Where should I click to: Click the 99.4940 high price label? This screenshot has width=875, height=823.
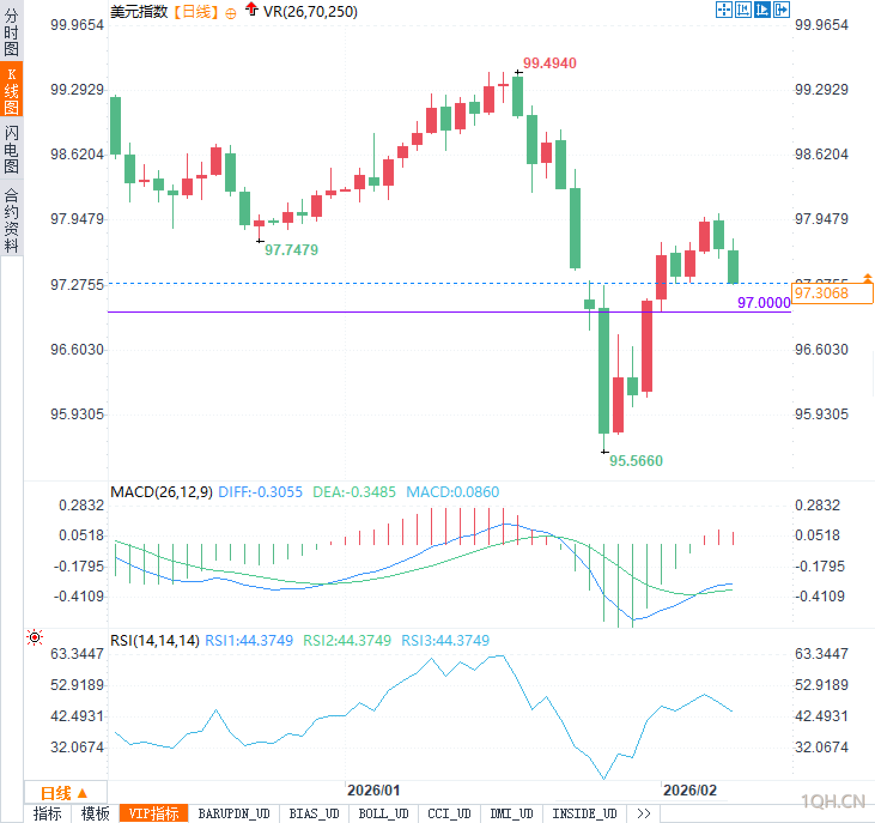549,63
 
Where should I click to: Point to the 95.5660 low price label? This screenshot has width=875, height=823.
636,461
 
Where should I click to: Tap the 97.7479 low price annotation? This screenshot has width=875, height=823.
291,250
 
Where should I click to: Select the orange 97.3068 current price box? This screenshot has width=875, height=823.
831,294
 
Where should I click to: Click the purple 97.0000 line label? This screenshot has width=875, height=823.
764,303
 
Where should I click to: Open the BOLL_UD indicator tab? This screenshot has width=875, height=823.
383,813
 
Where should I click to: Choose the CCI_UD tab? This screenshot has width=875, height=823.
449,813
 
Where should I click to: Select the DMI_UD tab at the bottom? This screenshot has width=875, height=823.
511,813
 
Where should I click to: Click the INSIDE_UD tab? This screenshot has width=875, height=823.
584,813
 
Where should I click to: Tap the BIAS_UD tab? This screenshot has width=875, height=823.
314,813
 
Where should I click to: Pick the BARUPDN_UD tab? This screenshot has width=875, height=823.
234,813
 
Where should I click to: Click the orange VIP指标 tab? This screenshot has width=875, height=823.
154,813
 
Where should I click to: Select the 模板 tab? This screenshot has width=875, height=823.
95,813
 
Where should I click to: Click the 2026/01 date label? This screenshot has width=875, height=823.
373,790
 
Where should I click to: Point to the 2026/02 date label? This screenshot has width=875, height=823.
689,790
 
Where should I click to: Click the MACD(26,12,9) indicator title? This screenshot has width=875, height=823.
162,492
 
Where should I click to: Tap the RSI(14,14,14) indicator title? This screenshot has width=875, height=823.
154,640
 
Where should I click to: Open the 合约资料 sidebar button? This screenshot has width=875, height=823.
11,220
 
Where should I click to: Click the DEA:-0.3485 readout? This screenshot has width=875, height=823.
354,492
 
